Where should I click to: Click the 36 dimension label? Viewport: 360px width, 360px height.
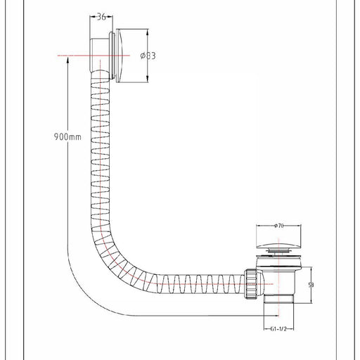tap(101, 17)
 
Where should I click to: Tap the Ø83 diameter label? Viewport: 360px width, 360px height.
tap(148, 56)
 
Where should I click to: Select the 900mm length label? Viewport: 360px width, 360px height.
tap(67, 136)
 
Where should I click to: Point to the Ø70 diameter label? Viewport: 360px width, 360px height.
tap(278, 226)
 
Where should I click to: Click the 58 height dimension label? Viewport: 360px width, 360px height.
tap(311, 285)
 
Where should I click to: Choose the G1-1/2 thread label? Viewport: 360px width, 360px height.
tap(278, 329)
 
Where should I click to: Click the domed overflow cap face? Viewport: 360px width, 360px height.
tap(121, 56)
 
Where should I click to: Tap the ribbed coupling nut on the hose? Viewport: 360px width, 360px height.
tap(251, 284)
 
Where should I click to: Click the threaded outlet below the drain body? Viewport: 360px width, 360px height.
tap(278, 300)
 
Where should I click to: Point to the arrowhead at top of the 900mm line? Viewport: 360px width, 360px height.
tap(67, 59)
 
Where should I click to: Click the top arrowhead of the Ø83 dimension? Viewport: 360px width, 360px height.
tap(148, 32)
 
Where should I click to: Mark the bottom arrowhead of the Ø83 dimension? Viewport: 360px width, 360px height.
tap(148, 79)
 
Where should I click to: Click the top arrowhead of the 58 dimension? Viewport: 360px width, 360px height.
tap(311, 269)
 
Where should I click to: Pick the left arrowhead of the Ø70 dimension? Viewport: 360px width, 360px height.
tap(259, 226)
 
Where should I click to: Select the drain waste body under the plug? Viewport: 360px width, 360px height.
tap(278, 276)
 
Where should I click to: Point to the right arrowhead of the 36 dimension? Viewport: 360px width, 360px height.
tap(110, 16)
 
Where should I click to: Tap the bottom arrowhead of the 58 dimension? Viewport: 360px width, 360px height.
tap(311, 300)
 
